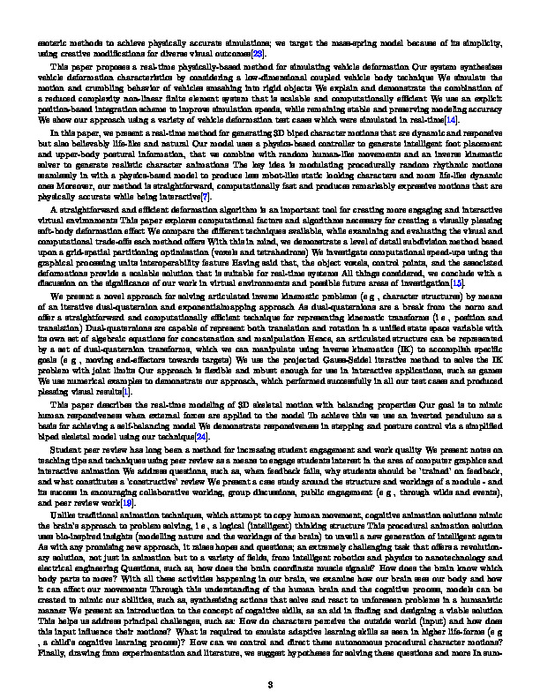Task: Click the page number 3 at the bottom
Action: click(270, 659)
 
